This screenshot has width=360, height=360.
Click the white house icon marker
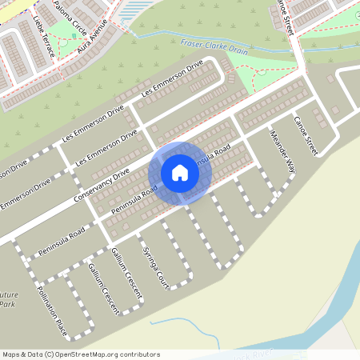pyautogui.click(x=180, y=173)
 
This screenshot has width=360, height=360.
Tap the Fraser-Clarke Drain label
pyautogui.click(x=214, y=46)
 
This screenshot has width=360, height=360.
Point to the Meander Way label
pyautogui.click(x=283, y=151)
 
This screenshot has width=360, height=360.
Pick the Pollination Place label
pyautogui.click(x=50, y=310)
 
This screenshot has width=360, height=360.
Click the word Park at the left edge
pyautogui.click(x=7, y=304)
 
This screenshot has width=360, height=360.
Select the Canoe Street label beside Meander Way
pyautogui.click(x=306, y=135)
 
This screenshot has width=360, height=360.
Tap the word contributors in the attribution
pyautogui.click(x=138, y=354)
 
